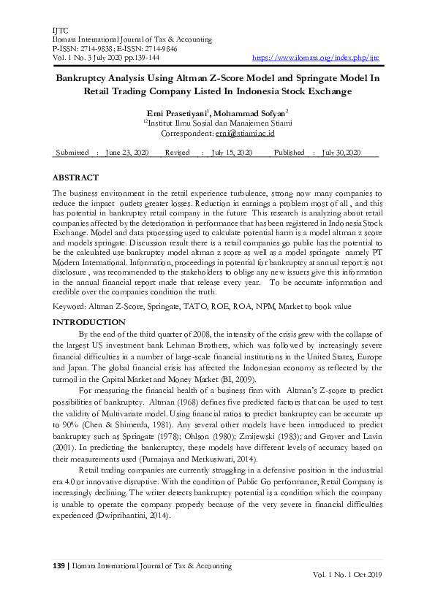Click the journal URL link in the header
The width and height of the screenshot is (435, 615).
315,56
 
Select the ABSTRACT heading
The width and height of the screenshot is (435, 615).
75,177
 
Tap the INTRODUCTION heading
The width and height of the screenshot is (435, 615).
89,322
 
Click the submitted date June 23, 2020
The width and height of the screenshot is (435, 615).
127,152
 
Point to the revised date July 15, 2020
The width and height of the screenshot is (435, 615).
232,152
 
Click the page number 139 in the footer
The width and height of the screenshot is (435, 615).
60,566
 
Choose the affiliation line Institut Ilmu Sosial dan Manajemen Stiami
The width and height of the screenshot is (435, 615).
219,123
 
